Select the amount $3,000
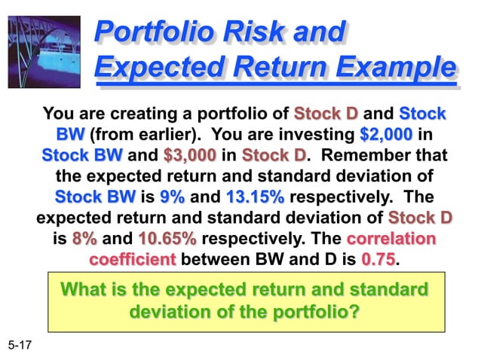point(189,156)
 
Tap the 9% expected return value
point(173,197)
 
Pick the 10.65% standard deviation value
point(167,239)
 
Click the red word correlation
point(391,239)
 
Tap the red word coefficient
point(132,260)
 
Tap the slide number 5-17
point(22,346)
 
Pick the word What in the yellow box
point(81,290)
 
